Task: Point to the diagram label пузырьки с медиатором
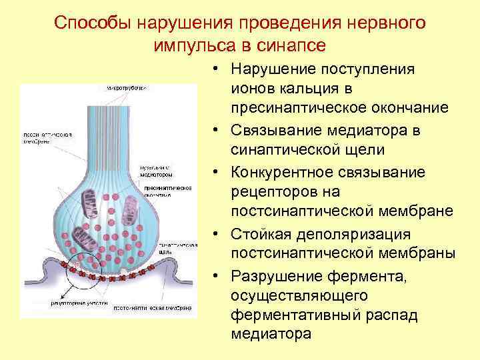click(x=157, y=171)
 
